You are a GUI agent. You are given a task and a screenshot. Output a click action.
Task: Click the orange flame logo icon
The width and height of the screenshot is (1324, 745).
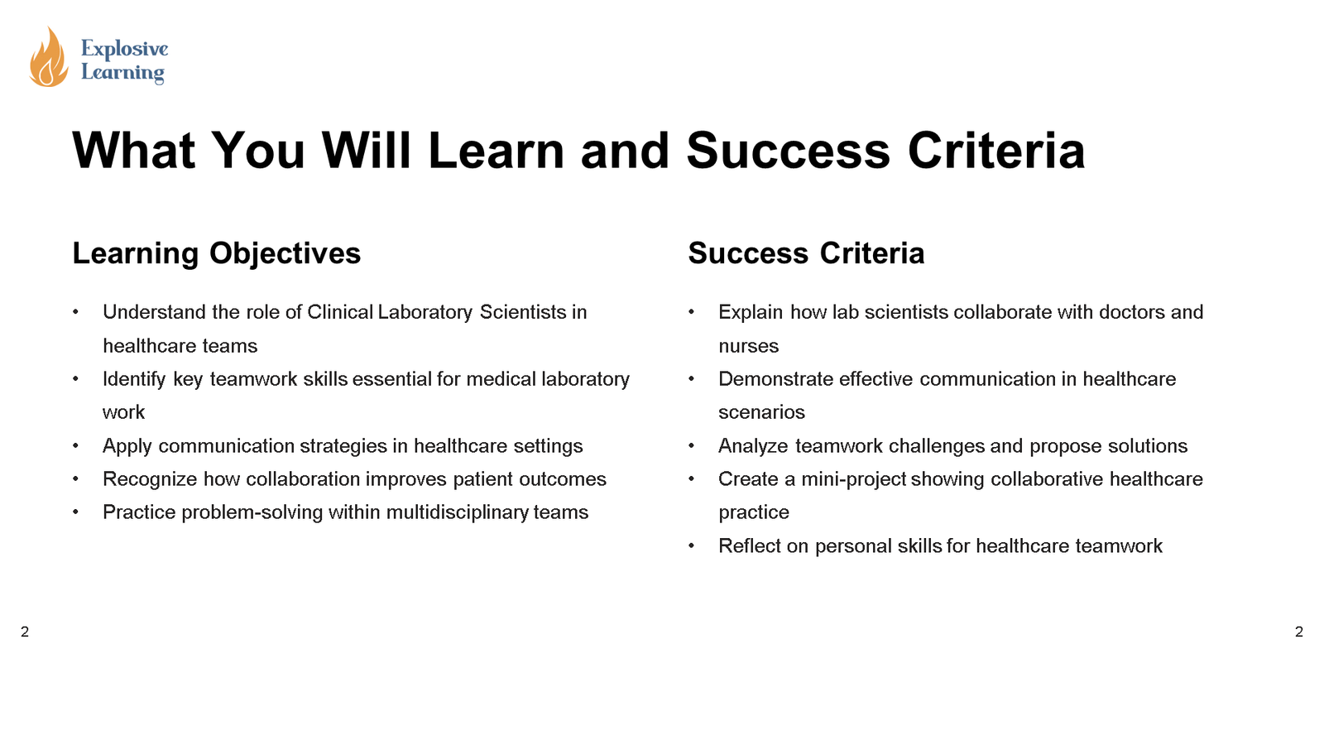pos(49,58)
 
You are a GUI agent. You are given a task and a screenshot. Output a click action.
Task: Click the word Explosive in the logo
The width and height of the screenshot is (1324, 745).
pos(124,49)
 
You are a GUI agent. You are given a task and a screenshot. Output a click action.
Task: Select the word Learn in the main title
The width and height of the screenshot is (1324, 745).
pos(496,151)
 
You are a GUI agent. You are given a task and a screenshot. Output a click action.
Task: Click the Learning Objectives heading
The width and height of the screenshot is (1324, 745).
pos(216,253)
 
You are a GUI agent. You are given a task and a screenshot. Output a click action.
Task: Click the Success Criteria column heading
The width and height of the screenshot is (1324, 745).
pos(805,253)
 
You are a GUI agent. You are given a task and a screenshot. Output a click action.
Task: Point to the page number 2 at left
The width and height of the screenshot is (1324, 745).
pos(25,632)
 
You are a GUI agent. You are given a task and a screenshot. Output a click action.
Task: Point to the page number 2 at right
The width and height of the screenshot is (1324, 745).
pos(1298,632)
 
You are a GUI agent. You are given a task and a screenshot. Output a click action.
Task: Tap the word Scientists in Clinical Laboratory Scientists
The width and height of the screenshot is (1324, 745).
pos(523,312)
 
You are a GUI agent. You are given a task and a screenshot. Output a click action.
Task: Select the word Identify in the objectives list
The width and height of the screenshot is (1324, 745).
pos(134,379)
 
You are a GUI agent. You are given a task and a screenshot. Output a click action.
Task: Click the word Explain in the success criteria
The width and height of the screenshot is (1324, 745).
pos(750,312)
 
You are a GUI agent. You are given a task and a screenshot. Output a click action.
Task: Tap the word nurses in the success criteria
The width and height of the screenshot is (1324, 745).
pos(748,346)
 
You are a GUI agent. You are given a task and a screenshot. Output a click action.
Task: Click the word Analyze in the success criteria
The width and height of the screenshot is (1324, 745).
pos(753,446)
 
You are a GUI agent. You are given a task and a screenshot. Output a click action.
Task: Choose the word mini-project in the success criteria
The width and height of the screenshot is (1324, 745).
pos(853,479)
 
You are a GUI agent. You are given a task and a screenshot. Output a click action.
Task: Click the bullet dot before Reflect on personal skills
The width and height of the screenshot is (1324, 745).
pos(692,546)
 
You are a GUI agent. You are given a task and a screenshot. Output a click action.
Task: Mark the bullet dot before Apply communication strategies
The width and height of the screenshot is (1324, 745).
pos(76,446)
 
